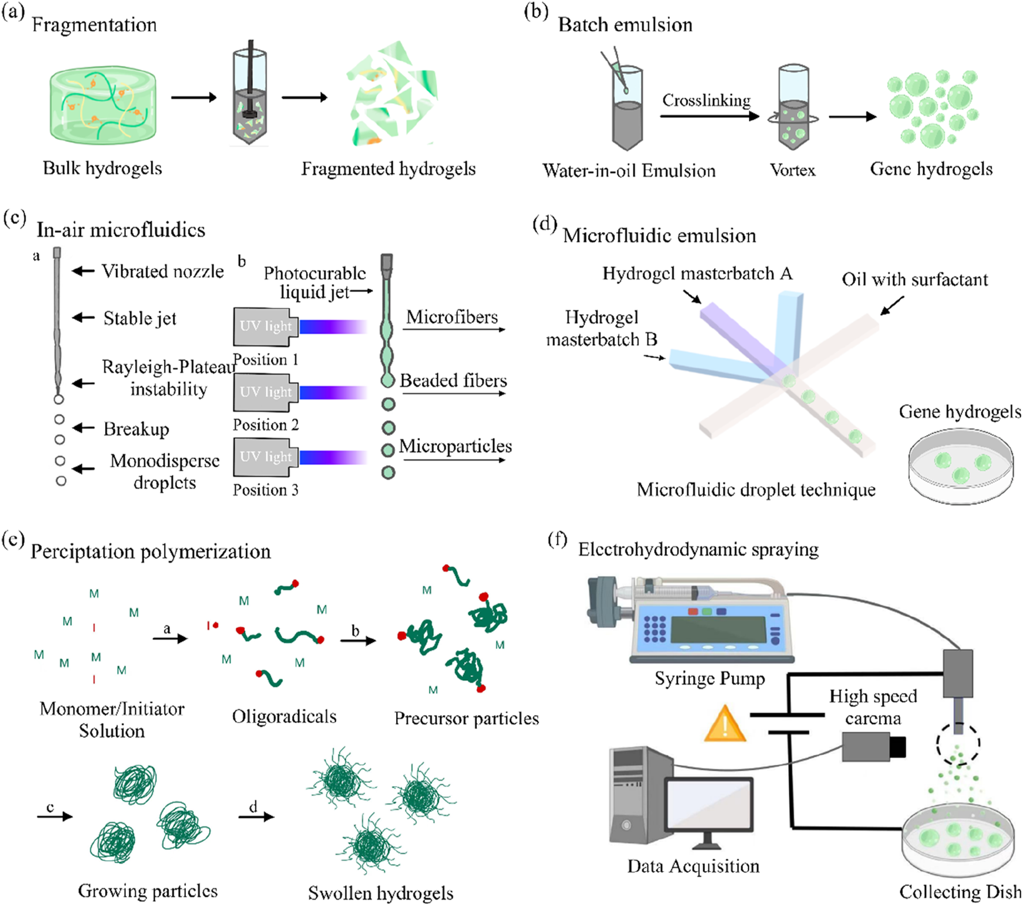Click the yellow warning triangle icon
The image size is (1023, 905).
point(725,725)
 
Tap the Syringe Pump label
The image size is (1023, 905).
point(709,678)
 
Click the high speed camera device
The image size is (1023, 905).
point(872,746)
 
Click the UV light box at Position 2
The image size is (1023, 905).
point(265,392)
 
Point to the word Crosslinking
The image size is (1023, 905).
point(706,100)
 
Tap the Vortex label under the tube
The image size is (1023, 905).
point(793,170)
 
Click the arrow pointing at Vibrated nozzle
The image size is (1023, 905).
point(84,271)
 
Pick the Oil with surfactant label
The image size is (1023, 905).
point(914,280)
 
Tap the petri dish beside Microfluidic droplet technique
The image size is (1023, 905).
point(960,465)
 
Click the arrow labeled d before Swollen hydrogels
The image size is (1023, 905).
point(256,815)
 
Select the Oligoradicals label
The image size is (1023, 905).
point(284,717)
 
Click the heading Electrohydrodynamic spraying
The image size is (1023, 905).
point(698,549)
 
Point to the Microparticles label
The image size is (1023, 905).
point(455,446)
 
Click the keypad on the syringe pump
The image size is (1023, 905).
point(654,628)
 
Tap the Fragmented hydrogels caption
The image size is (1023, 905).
point(388,169)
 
